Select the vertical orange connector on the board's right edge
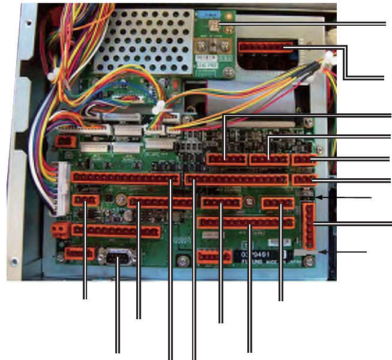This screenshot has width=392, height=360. pyautogui.click(x=309, y=225)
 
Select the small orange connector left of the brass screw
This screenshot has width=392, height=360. pyautogui.click(x=85, y=200)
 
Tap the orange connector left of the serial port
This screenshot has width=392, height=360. pyautogui.click(x=79, y=254)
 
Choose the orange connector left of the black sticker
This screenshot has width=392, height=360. pyautogui.click(x=214, y=256)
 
